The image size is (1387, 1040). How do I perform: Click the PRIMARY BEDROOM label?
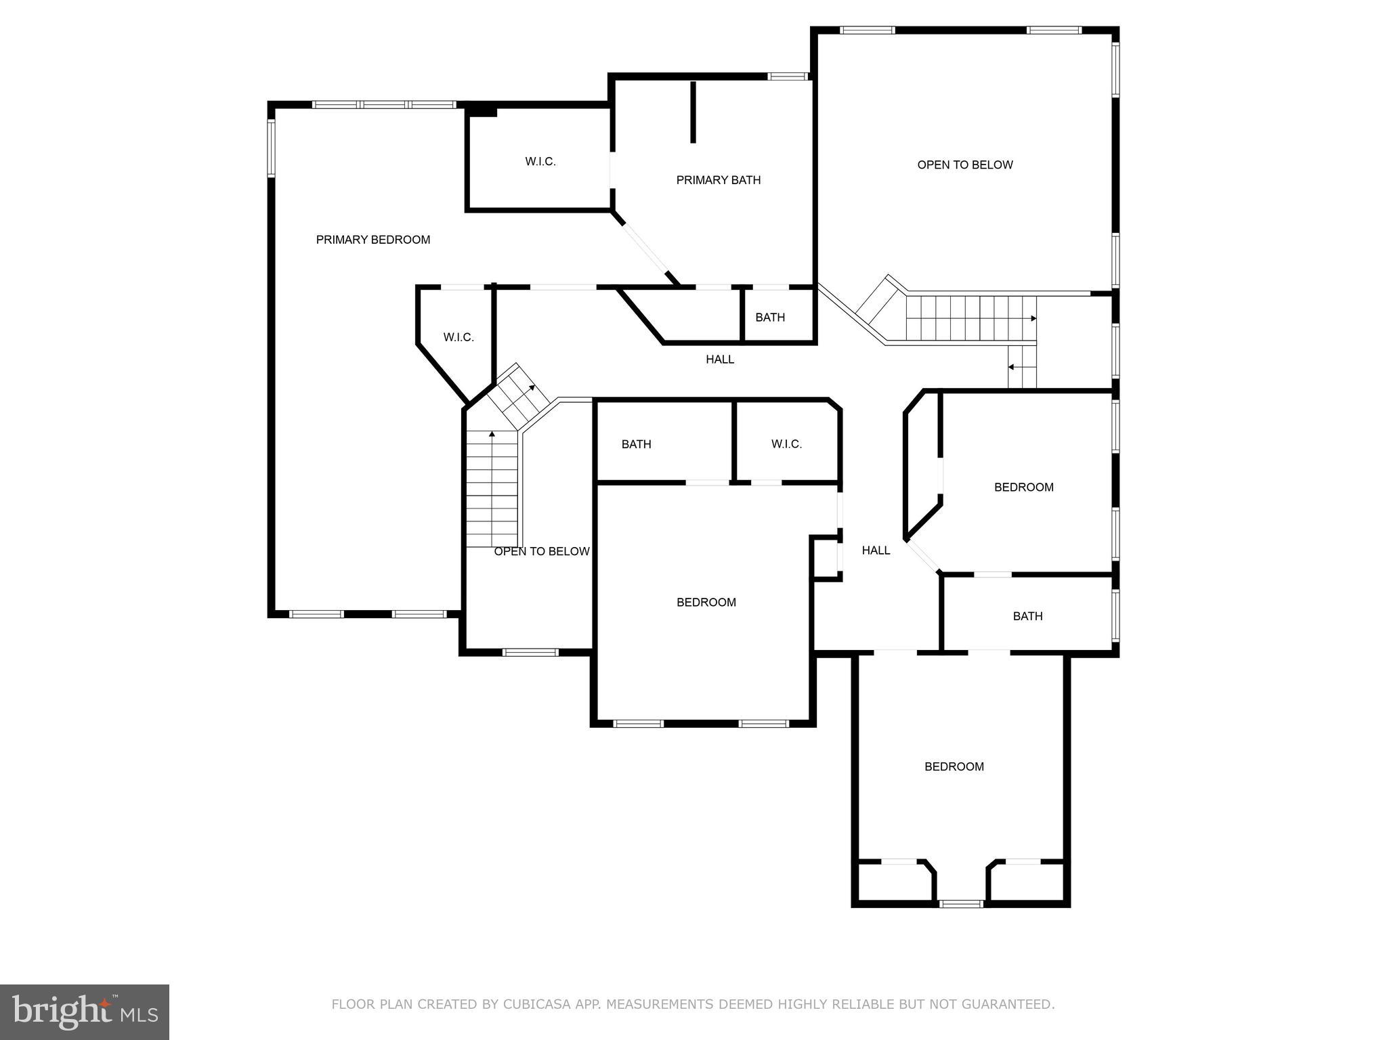tap(372, 240)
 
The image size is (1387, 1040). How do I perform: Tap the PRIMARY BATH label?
tap(718, 180)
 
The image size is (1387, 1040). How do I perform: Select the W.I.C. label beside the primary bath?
tap(540, 162)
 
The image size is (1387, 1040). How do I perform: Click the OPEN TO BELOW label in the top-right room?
tap(964, 165)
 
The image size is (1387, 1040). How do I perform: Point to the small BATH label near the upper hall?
tap(770, 318)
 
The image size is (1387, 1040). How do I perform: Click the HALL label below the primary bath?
tap(719, 360)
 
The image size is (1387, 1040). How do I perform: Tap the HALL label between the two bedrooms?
tap(875, 550)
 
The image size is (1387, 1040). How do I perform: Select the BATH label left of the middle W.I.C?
tap(636, 444)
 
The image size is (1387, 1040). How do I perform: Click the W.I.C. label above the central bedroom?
tap(786, 444)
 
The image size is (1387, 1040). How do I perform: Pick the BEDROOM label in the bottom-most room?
tap(954, 766)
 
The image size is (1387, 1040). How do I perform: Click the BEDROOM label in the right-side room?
tap(1023, 487)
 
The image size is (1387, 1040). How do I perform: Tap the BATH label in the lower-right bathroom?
tap(1027, 616)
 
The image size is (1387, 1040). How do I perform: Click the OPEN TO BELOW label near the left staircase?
tap(541, 552)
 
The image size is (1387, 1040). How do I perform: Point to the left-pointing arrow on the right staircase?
tap(1012, 367)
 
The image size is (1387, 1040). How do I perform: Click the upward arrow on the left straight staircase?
tap(492, 433)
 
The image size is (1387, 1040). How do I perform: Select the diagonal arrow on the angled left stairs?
tap(532, 388)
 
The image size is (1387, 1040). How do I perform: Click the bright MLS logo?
tap(85, 1012)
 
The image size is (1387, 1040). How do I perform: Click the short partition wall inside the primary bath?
tap(693, 112)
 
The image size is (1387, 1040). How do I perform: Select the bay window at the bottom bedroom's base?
tap(962, 903)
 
